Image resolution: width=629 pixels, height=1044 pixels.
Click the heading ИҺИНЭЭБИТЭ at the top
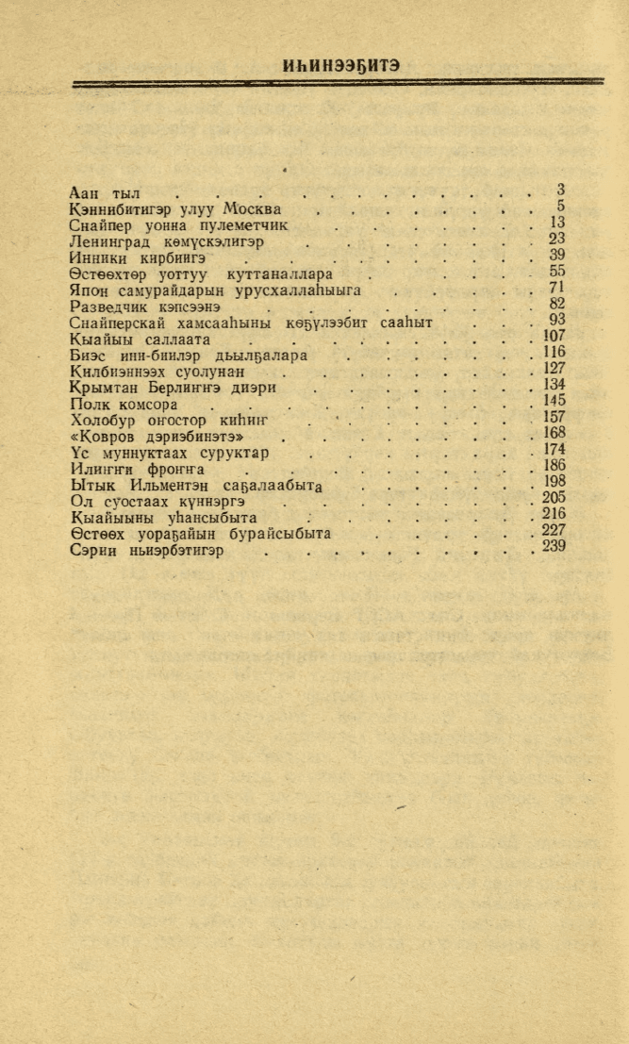click(x=340, y=66)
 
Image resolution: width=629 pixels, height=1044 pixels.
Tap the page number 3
click(x=560, y=189)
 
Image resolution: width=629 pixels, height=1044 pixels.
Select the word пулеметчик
click(x=241, y=226)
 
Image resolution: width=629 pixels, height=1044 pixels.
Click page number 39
click(x=556, y=255)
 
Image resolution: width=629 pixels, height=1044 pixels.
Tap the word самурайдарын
click(x=165, y=290)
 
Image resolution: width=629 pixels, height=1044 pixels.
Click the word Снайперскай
click(x=117, y=323)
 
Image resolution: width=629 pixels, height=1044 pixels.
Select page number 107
click(x=554, y=336)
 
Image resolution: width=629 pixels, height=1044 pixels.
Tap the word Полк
click(x=90, y=404)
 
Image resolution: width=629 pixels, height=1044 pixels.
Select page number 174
click(x=554, y=450)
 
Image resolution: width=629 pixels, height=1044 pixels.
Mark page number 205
click(x=554, y=498)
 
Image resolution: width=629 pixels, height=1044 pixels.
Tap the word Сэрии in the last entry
click(x=93, y=551)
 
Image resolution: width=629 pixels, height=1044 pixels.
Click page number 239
click(x=554, y=547)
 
